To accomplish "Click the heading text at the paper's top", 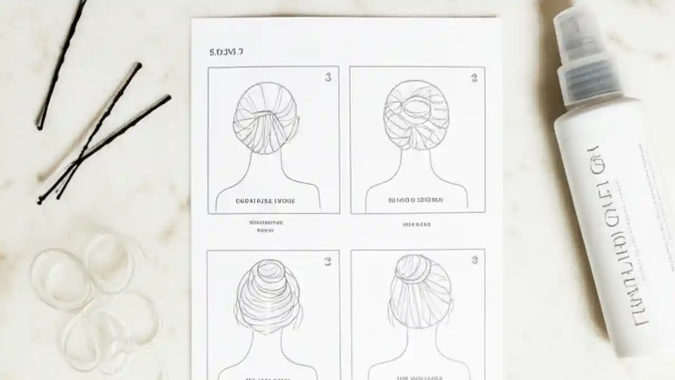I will click(x=226, y=52).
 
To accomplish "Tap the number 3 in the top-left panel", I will click(x=328, y=78).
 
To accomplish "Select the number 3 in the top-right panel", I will click(x=474, y=78).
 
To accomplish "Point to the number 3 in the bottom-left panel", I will click(x=327, y=261).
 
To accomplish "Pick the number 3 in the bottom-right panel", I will click(x=474, y=260).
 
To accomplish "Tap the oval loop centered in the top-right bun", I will click(x=417, y=109).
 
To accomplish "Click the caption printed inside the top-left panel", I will click(x=265, y=201).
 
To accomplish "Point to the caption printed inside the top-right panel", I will click(x=416, y=201).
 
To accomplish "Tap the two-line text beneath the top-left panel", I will click(x=265, y=226).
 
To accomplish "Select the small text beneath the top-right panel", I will click(x=417, y=224).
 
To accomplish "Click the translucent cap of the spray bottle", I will click(x=572, y=37).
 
